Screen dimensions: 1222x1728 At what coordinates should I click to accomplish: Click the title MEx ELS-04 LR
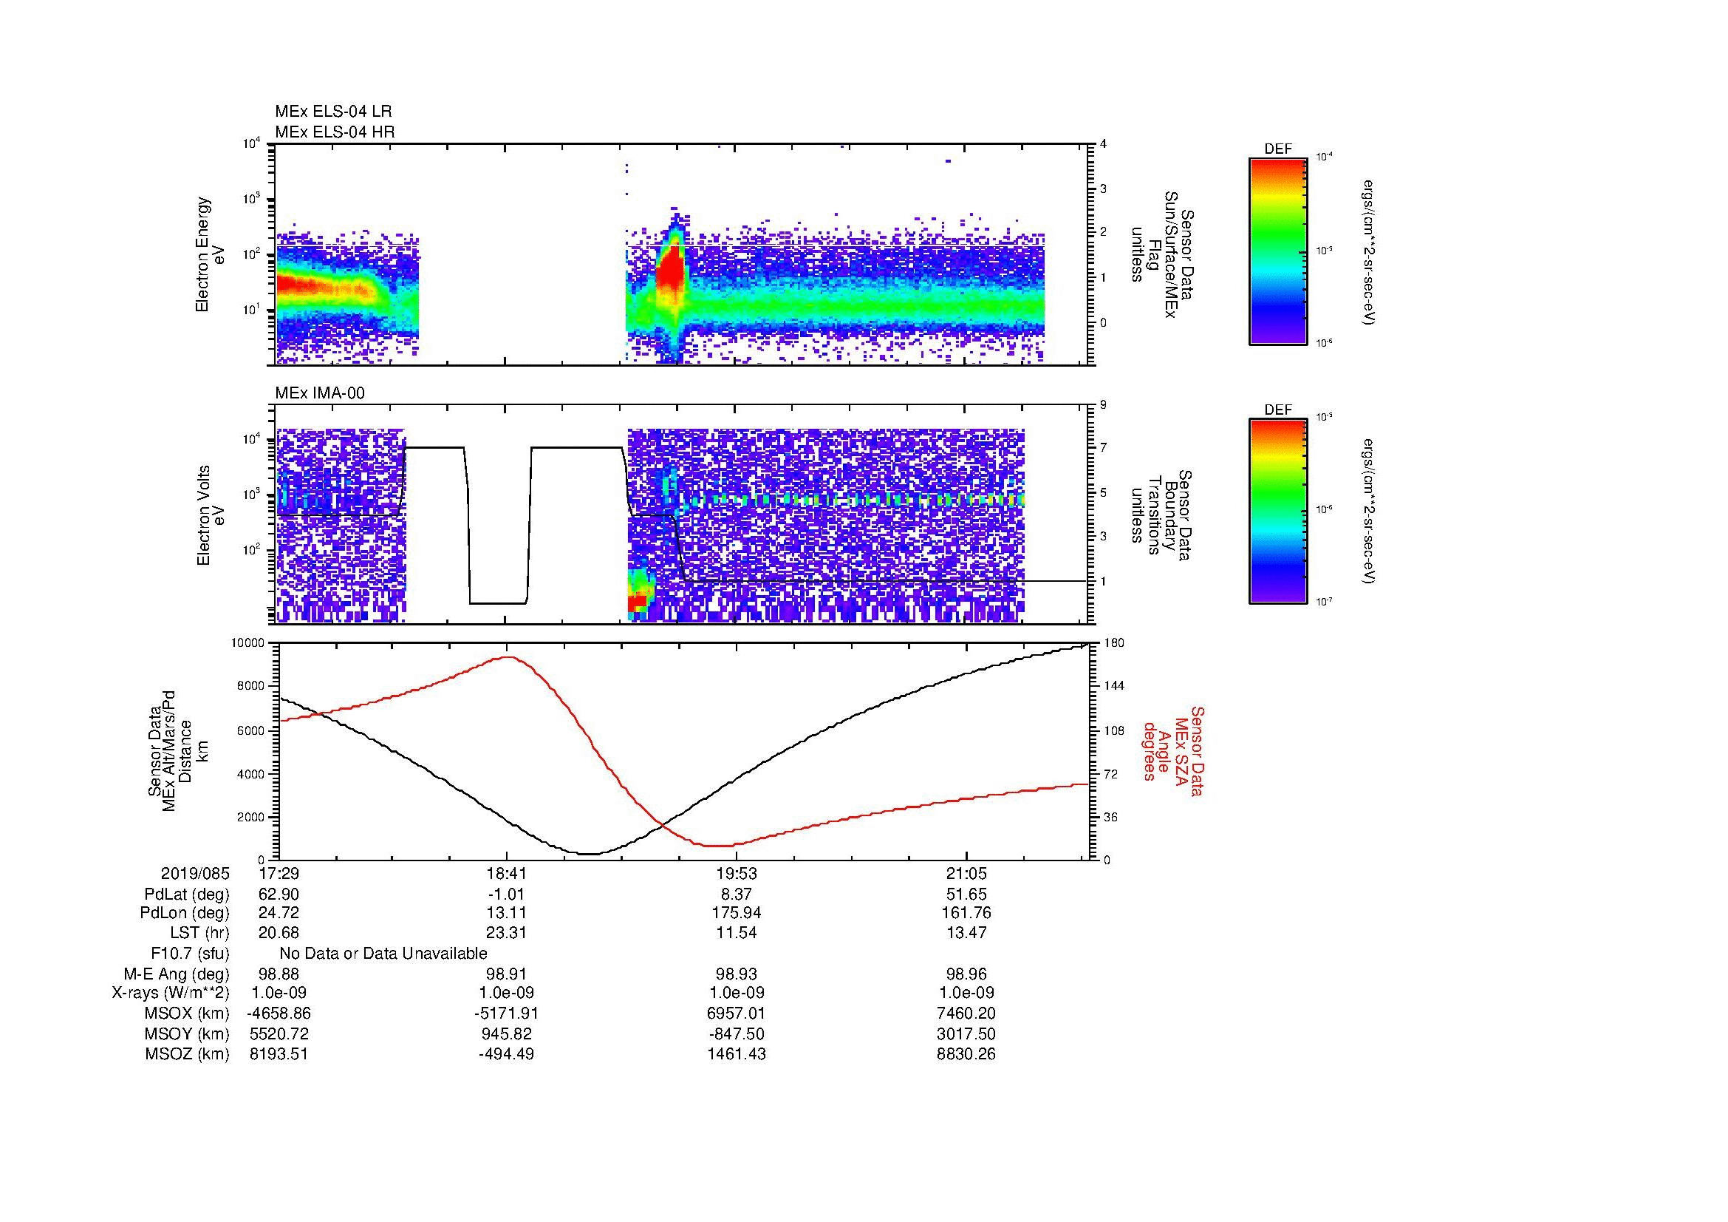click(x=332, y=112)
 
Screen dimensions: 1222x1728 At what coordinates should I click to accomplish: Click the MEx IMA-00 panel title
click(x=319, y=393)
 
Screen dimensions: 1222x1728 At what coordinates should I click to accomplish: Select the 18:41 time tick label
click(x=508, y=874)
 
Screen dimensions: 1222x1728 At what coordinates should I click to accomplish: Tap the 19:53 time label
click(x=736, y=874)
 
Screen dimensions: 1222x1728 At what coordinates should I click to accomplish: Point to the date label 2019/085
click(x=195, y=874)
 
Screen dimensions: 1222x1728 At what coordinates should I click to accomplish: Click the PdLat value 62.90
click(x=279, y=895)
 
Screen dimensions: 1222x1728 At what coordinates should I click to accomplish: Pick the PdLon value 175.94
click(x=736, y=913)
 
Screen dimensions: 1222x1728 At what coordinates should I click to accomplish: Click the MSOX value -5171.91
click(x=508, y=1014)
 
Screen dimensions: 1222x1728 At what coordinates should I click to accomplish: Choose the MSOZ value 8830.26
click(x=966, y=1054)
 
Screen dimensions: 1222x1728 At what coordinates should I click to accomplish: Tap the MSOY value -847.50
click(x=736, y=1033)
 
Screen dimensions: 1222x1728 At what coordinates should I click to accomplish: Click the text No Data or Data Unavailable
click(x=383, y=954)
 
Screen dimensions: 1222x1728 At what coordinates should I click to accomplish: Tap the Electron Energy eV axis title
click(x=211, y=254)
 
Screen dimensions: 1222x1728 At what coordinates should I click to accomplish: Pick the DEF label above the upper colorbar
click(x=1277, y=149)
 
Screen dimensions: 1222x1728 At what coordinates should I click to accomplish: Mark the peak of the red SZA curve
click(x=509, y=656)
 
